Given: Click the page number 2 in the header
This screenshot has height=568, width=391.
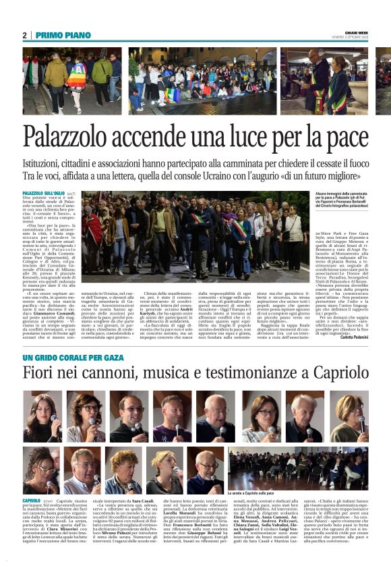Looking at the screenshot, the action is [24, 35].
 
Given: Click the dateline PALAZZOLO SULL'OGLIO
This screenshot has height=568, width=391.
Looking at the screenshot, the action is [44, 194].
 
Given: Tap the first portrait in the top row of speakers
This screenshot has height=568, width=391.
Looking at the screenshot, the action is [42, 417].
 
